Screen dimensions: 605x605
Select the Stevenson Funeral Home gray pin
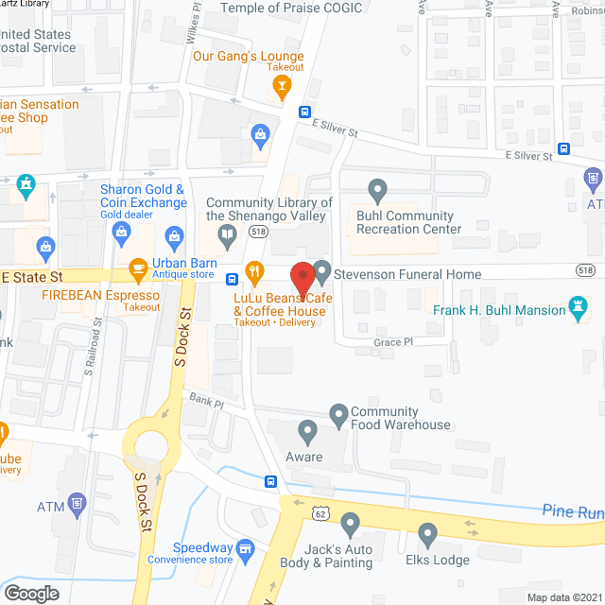(x=321, y=272)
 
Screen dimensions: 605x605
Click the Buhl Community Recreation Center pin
(x=378, y=192)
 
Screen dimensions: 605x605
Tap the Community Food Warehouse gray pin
(x=338, y=413)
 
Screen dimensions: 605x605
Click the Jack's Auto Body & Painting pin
(x=351, y=523)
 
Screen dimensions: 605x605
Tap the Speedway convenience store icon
(x=246, y=548)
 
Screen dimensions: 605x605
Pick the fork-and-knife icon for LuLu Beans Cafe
(x=254, y=272)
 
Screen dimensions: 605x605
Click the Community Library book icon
(x=227, y=234)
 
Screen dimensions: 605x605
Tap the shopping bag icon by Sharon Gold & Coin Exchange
(x=174, y=234)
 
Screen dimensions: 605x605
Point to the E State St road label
(x=33, y=277)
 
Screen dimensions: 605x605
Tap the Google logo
(x=31, y=594)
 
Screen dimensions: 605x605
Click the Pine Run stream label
(x=572, y=511)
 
